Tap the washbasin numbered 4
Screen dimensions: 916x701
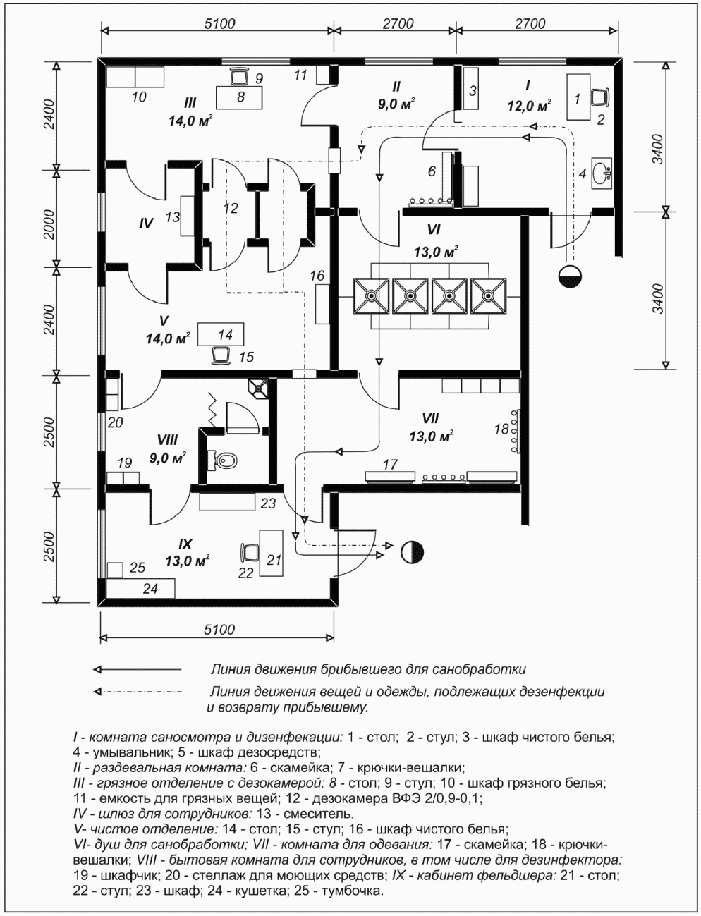(602, 171)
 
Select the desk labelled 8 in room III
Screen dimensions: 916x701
(240, 97)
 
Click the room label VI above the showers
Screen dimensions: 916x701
(434, 230)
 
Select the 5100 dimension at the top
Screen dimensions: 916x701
(219, 23)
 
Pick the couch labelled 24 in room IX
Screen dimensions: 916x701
(140, 588)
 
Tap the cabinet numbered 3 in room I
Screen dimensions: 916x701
(471, 90)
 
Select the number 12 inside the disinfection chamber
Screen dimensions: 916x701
(231, 209)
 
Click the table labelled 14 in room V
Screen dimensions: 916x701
(221, 334)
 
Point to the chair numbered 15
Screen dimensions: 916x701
(222, 353)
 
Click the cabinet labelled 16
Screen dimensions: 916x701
(322, 304)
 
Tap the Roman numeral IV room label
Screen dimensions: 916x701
(146, 224)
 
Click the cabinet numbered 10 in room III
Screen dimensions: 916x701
(135, 76)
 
